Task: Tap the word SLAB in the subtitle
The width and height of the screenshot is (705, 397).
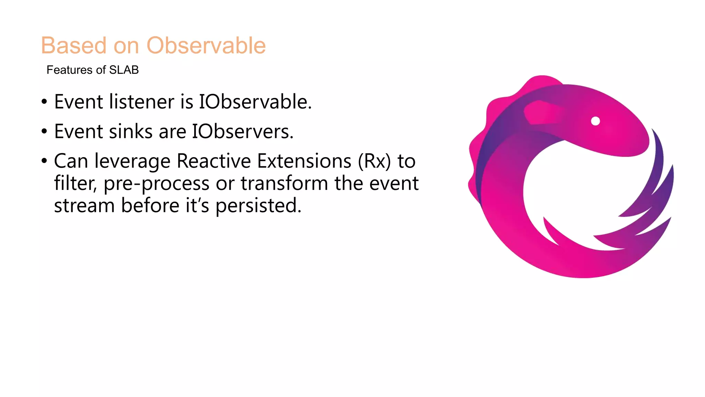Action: coord(124,70)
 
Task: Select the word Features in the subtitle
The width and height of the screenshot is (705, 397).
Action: coord(70,70)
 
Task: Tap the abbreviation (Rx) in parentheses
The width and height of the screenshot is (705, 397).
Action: coord(375,161)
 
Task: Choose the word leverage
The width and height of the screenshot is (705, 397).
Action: coord(133,162)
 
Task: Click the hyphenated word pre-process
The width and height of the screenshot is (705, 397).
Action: coord(156,184)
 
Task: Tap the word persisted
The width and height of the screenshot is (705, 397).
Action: coord(258,206)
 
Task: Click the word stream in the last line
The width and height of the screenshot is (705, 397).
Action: coord(84,206)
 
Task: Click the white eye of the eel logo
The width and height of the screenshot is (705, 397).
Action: coord(595,121)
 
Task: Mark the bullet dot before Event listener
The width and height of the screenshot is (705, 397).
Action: coord(44,102)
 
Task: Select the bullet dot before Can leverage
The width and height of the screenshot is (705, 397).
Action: coord(44,161)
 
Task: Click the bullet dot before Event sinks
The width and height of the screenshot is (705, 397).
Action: coord(44,132)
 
